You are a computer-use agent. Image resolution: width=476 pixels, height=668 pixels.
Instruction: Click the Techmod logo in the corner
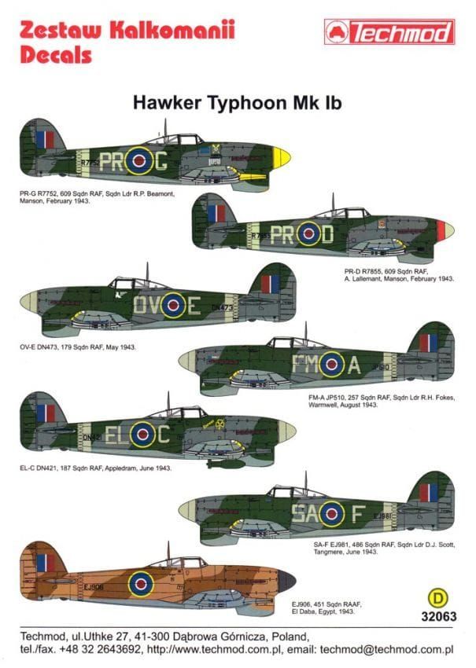[389, 31]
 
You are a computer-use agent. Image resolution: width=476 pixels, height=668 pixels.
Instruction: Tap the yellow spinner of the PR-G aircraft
[281, 157]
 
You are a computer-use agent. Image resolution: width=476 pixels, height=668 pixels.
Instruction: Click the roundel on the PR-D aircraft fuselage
[308, 233]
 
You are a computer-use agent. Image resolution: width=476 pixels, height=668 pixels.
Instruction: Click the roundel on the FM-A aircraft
[330, 363]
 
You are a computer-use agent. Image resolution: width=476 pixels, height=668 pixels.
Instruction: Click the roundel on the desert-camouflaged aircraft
[141, 583]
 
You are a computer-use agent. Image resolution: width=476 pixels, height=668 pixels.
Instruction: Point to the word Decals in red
[56, 55]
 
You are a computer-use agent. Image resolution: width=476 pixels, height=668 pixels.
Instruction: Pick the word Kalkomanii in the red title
[173, 31]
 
